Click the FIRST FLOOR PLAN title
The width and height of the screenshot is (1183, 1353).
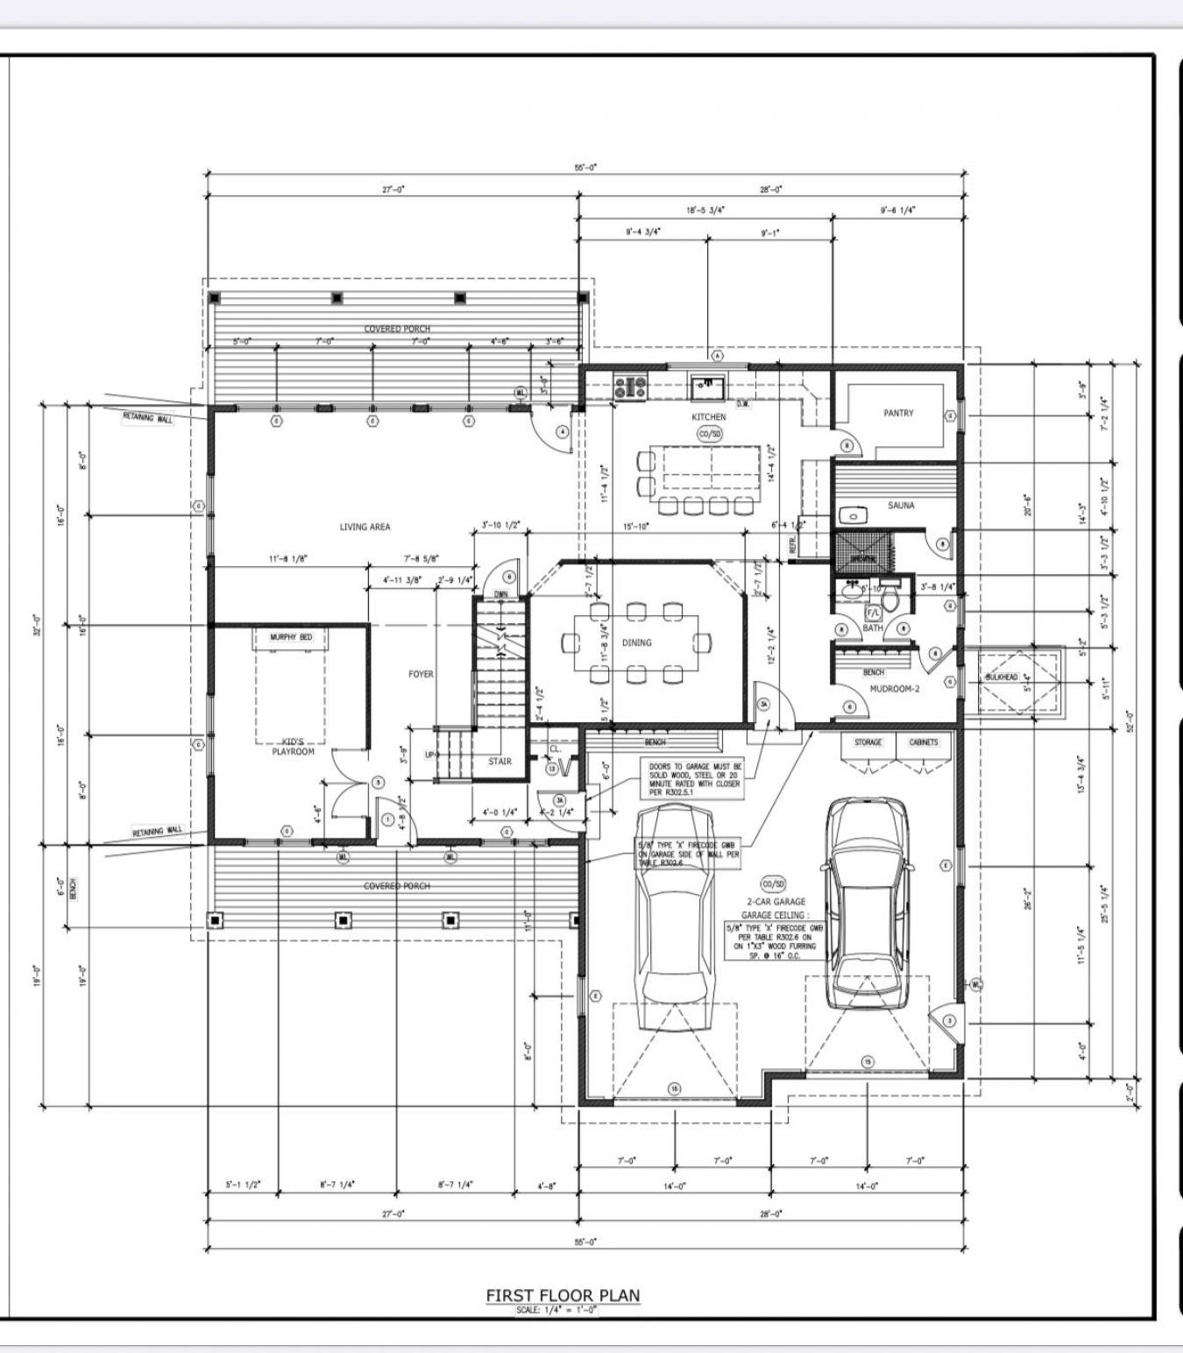pyautogui.click(x=563, y=1295)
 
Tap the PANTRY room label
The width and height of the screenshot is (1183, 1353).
pyautogui.click(x=898, y=413)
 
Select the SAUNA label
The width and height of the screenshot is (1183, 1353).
pyautogui.click(x=900, y=506)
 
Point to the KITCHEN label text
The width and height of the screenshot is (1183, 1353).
pyautogui.click(x=708, y=417)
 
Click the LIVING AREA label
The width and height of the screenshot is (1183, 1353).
pyautogui.click(x=365, y=527)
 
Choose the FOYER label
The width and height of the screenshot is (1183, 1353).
pyautogui.click(x=421, y=674)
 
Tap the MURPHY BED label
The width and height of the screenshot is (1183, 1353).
pyautogui.click(x=290, y=637)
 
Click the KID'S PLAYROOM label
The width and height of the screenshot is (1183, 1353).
pyautogui.click(x=292, y=747)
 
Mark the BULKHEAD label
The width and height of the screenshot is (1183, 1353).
pyautogui.click(x=1001, y=677)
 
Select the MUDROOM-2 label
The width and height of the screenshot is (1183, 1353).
pyautogui.click(x=894, y=689)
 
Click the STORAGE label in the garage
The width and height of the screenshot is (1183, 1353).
pyautogui.click(x=868, y=742)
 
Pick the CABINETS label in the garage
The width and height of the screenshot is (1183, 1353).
pyautogui.click(x=924, y=742)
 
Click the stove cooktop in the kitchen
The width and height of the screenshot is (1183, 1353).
pyautogui.click(x=629, y=386)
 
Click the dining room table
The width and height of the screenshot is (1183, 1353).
pyautogui.click(x=637, y=642)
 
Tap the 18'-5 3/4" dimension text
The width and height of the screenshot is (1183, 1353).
pyautogui.click(x=705, y=210)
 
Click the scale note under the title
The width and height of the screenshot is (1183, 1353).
pyautogui.click(x=563, y=1311)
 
